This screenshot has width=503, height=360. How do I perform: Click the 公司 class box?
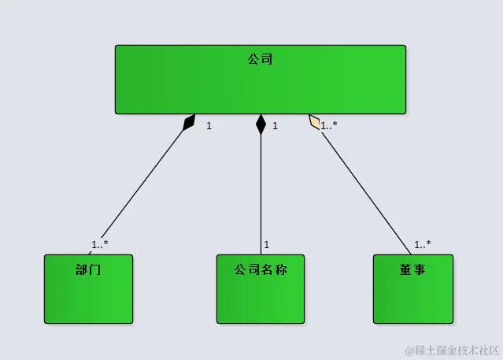coord(260,87)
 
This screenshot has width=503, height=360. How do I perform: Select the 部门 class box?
coord(88,295)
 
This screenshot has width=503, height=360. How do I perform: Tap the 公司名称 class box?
coord(260,295)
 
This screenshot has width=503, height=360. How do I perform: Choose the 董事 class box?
coord(412,295)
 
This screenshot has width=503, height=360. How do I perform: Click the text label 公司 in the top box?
coord(260,58)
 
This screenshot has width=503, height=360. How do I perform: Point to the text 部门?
coord(88,269)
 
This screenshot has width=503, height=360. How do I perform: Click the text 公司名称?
coord(260,269)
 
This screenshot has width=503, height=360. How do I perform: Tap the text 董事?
coord(412,269)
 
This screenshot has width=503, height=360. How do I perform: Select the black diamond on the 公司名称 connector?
coord(261,124)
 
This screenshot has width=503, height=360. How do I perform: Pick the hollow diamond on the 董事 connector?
coord(316,122)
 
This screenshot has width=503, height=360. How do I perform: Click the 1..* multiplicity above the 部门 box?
coord(99,244)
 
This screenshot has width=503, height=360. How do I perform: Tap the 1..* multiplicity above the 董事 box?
coord(423,244)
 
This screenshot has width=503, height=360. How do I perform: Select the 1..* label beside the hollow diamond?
coord(330,125)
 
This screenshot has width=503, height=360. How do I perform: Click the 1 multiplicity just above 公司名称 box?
coord(267,244)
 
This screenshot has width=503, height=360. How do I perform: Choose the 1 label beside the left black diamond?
coord(209,125)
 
